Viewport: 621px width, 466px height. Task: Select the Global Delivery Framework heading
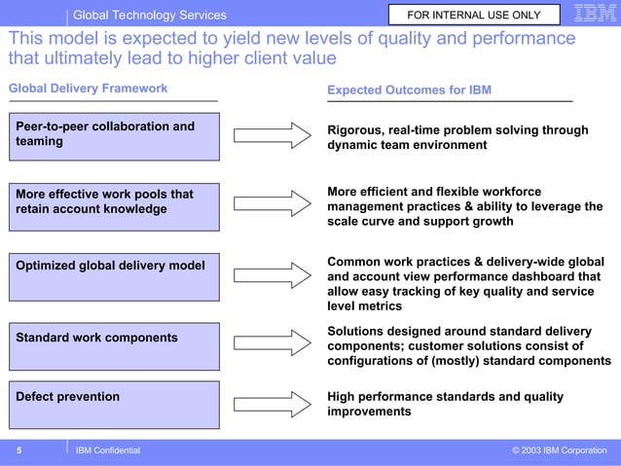pyautogui.click(x=88, y=89)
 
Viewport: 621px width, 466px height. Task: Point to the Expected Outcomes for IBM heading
pyautogui.click(x=409, y=90)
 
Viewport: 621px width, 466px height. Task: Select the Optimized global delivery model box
pyautogui.click(x=115, y=275)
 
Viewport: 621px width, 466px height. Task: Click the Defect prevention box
pyautogui.click(x=115, y=404)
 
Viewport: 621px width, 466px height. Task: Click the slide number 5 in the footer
pyautogui.click(x=18, y=450)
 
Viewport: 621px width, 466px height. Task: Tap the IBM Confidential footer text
pyautogui.click(x=108, y=450)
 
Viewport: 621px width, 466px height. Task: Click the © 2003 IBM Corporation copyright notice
pyautogui.click(x=559, y=450)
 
